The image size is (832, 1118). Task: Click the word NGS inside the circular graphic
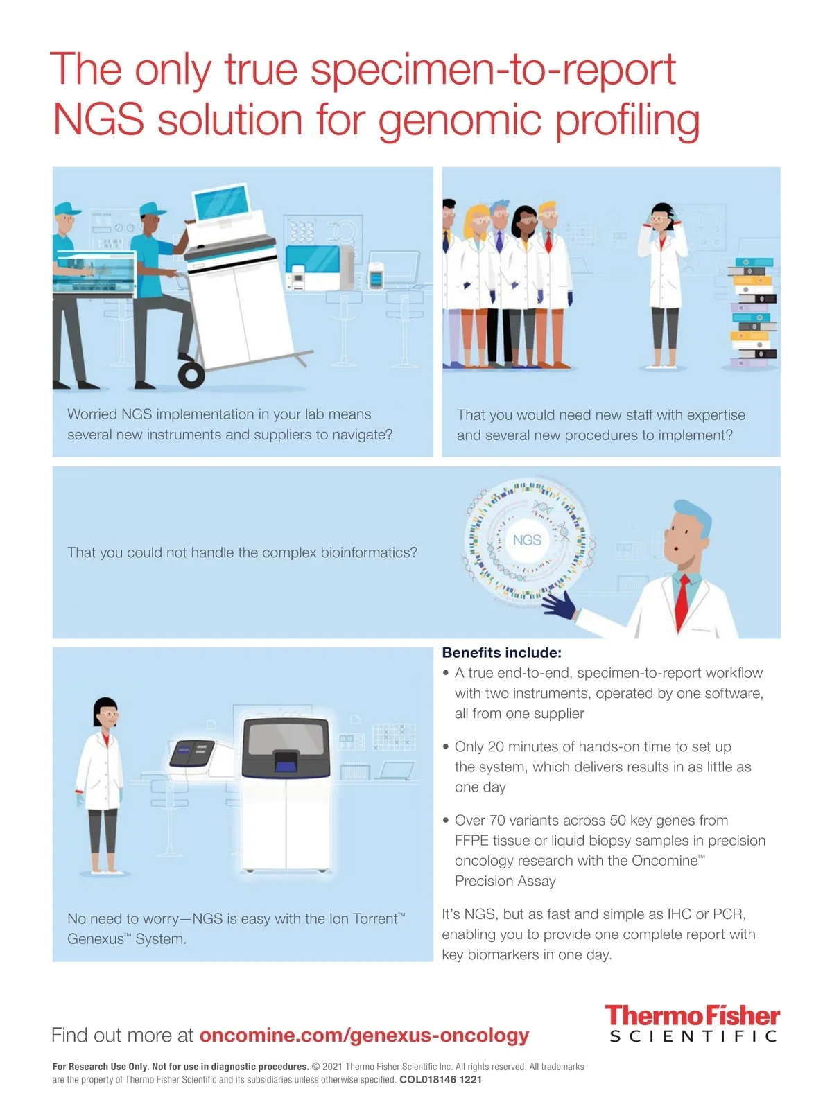[x=527, y=540]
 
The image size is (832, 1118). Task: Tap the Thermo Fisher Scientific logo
[x=693, y=1023]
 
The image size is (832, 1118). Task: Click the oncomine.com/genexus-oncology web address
[x=364, y=1035]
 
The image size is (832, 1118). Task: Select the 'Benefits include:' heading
[x=502, y=652]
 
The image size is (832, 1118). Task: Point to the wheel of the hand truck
[x=191, y=374]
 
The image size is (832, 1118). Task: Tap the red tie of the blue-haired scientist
[x=682, y=602]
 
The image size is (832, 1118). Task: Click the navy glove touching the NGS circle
[x=560, y=605]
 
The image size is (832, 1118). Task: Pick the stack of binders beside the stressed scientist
[x=752, y=313]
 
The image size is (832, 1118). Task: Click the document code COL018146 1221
[x=441, y=1080]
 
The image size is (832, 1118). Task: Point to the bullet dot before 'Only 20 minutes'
[x=446, y=746]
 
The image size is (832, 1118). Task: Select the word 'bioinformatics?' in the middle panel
[x=369, y=552]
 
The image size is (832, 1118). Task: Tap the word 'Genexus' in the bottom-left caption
[x=95, y=939]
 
